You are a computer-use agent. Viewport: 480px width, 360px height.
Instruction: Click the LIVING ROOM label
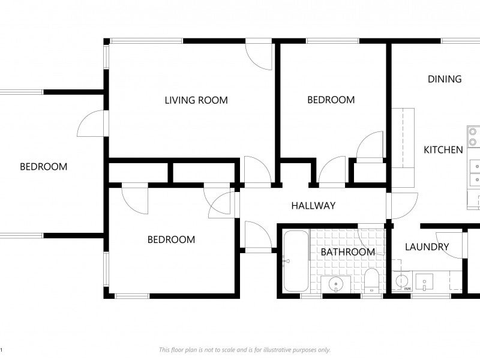[x=196, y=100]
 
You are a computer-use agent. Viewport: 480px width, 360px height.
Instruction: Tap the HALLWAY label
[x=313, y=206]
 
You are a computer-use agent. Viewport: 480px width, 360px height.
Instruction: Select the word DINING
[x=445, y=79]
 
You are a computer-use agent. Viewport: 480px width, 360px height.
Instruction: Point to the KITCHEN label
[x=443, y=150]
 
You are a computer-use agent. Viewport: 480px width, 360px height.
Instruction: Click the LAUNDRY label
[x=427, y=247]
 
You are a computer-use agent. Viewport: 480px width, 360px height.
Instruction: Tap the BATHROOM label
[x=348, y=252]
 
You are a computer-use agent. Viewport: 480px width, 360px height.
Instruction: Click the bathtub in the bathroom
[x=296, y=261]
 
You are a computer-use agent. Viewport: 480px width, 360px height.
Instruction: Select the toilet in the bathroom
[x=371, y=280]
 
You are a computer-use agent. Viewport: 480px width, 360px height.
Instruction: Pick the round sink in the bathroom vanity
[x=336, y=284]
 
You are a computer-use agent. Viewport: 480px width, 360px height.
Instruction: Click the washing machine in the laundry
[x=402, y=281]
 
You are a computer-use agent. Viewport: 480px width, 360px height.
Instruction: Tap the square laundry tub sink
[x=424, y=282]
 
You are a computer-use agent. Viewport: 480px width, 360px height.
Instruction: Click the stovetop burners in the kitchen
[x=473, y=137]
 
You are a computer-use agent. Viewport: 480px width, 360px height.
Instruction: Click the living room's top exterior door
[x=259, y=57]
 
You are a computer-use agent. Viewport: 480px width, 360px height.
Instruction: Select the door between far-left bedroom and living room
[x=91, y=124]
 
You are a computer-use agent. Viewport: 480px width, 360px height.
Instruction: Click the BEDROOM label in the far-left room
[x=43, y=167]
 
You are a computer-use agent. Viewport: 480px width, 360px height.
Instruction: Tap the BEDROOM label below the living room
[x=171, y=239]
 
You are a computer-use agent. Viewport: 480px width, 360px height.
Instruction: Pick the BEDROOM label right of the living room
[x=331, y=100]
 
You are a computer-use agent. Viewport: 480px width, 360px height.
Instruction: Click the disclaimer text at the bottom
[x=245, y=350]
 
